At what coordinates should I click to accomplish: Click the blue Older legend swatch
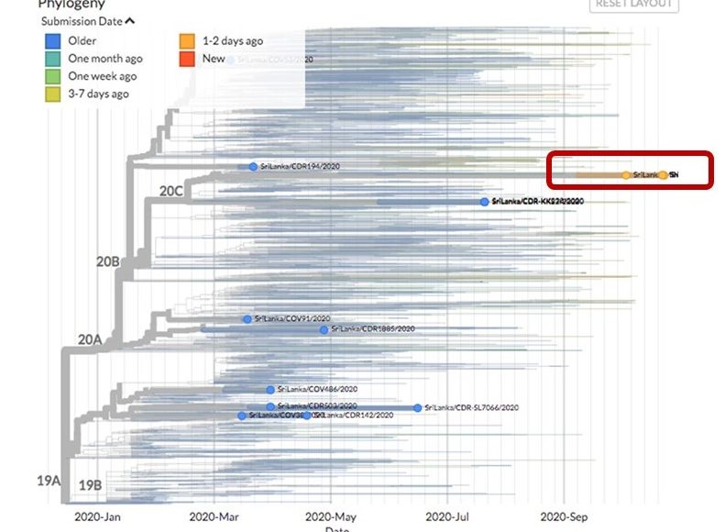point(53,41)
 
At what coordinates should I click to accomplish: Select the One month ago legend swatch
point(53,59)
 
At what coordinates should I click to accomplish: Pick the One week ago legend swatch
point(53,76)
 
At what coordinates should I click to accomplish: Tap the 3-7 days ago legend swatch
point(53,94)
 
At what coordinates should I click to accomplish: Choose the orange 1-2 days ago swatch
point(186,41)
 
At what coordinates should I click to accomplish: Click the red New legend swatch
point(186,59)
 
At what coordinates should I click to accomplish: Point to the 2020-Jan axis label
point(97,517)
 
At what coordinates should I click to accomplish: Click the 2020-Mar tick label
point(214,517)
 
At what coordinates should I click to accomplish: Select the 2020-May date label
point(331,517)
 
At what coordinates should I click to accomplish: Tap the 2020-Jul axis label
point(448,517)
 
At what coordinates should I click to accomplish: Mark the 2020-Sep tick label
point(564,517)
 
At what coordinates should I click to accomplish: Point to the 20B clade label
point(108,261)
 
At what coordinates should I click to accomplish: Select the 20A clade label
point(89,339)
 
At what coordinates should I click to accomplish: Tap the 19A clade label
point(49,481)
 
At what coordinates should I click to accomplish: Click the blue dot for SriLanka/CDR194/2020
point(254,167)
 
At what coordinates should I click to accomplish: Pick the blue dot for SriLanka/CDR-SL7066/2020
point(418,407)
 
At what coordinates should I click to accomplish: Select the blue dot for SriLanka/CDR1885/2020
point(324,329)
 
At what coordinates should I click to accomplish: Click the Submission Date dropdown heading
point(87,21)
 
